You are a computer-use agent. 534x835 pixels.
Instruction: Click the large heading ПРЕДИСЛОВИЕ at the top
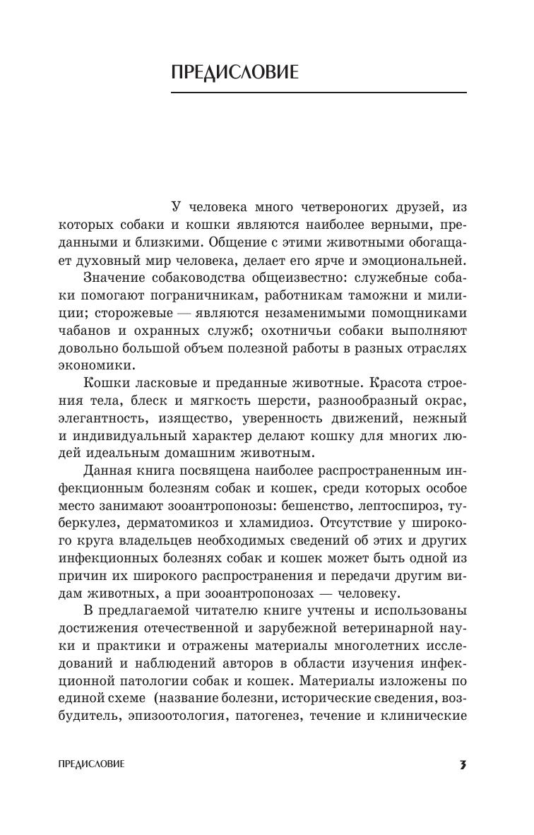coord(235,72)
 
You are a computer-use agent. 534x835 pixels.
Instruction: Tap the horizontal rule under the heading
coord(319,93)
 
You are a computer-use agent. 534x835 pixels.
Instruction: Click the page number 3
coord(463,764)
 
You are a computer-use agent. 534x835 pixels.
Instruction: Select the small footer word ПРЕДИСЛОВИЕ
coord(92,764)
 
